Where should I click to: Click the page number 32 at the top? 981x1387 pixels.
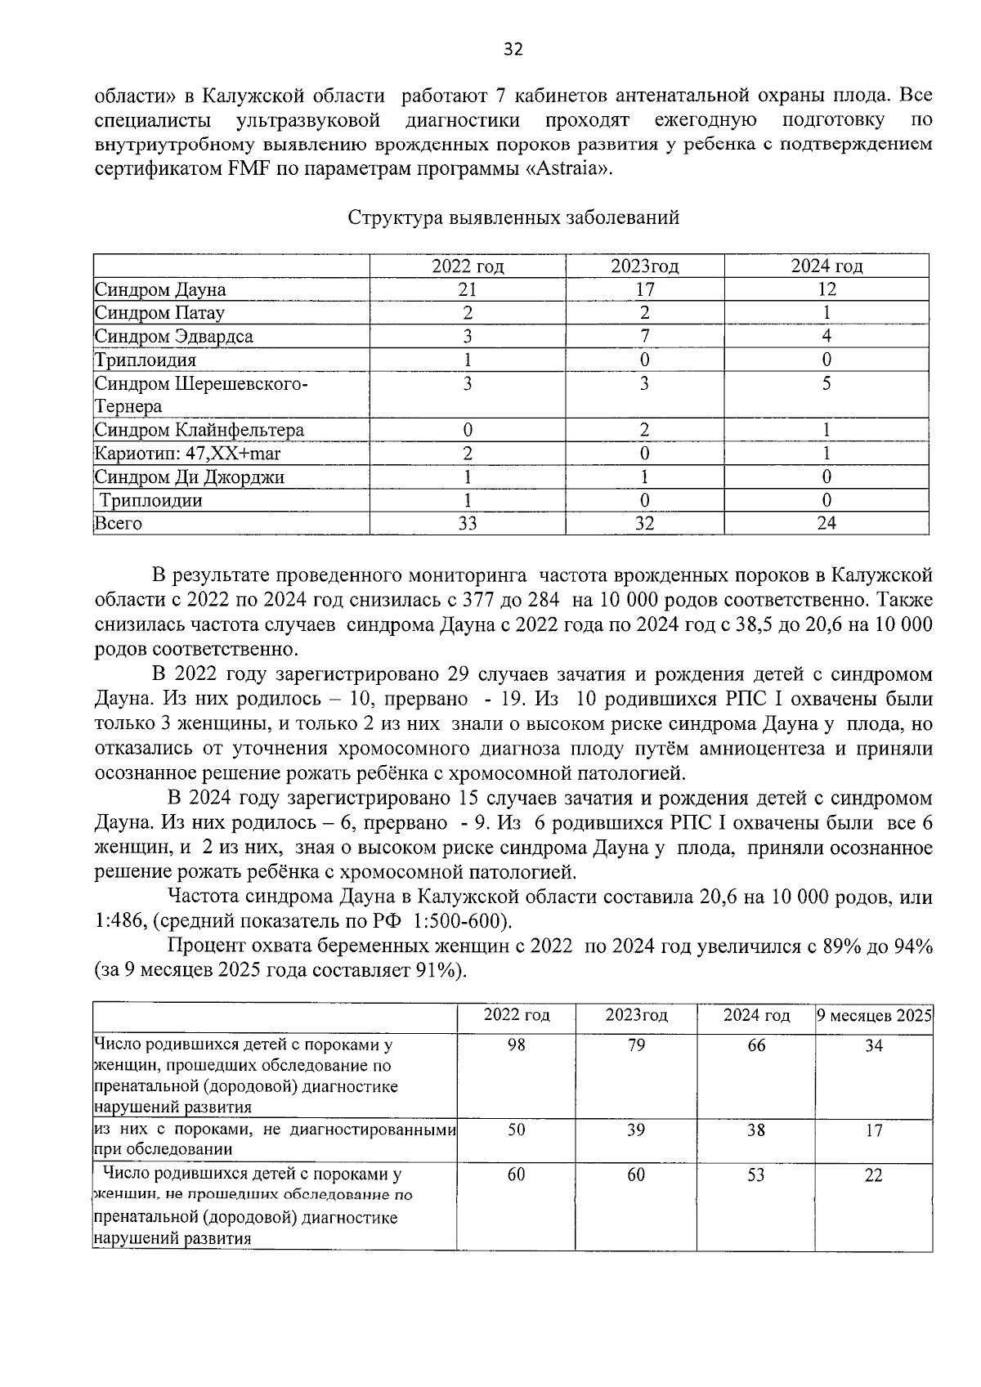pos(513,49)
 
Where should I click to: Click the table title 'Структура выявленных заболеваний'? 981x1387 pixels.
pos(513,218)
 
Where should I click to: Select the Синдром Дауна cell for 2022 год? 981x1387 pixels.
pos(467,289)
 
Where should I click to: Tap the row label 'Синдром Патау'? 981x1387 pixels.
pos(159,313)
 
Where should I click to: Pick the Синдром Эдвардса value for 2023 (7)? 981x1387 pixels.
pos(644,336)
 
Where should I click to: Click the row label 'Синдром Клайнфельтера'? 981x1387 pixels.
pos(199,430)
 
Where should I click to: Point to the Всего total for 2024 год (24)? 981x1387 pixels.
pos(826,523)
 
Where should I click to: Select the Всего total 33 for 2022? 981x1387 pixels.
pos(467,523)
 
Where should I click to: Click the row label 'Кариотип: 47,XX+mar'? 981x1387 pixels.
pos(188,454)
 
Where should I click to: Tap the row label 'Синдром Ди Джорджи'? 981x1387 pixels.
pos(190,477)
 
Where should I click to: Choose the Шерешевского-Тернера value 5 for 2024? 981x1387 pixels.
pos(826,383)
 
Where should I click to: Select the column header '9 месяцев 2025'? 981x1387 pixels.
pos(874,1016)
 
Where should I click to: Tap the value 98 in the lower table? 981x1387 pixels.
pos(516,1045)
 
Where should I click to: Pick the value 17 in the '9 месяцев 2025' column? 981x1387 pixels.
pos(873,1130)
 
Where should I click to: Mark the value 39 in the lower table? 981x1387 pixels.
pos(636,1130)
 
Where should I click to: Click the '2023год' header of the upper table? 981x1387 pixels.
pos(644,266)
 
